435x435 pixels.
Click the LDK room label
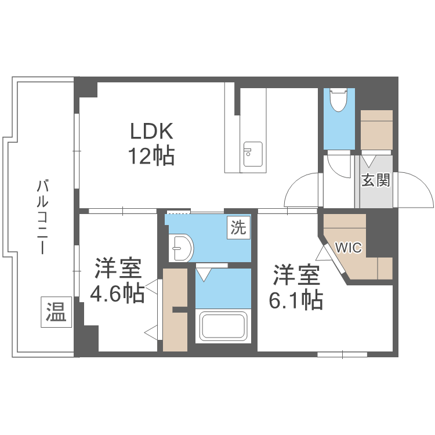(151, 132)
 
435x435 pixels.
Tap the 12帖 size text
(151, 155)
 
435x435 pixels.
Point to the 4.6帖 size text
(117, 294)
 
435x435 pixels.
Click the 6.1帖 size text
(296, 300)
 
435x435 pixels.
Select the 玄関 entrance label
(375, 180)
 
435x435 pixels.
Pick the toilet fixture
(338, 100)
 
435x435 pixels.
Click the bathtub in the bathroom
(224, 326)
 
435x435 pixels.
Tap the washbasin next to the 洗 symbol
(181, 248)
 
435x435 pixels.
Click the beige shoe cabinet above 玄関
(376, 128)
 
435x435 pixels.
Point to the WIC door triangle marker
(322, 253)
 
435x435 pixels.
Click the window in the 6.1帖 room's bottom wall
(342, 353)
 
